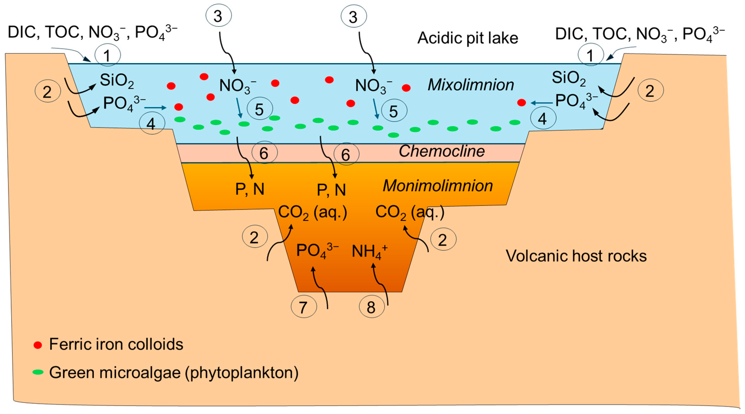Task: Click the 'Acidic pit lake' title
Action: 467,38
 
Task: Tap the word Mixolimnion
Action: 471,85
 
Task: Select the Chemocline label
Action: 442,151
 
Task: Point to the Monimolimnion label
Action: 438,186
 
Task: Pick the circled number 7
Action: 303,307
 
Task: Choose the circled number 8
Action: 371,307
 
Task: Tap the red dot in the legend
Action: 38,345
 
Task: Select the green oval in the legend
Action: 38,372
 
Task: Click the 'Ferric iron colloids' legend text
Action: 116,344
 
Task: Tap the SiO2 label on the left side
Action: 117,81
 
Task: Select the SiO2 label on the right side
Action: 569,78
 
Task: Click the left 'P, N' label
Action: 250,189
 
